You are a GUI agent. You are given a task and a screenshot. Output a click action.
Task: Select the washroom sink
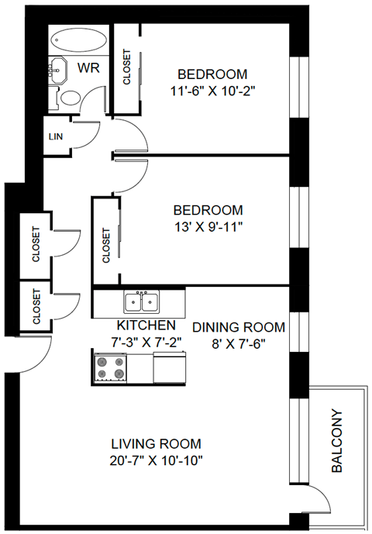pyautogui.click(x=59, y=71)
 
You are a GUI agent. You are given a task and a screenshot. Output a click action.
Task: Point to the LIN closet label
pyautogui.click(x=55, y=137)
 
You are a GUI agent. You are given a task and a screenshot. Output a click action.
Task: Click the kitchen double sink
pyautogui.click(x=141, y=301)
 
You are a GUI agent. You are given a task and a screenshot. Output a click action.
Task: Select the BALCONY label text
pyautogui.click(x=337, y=441)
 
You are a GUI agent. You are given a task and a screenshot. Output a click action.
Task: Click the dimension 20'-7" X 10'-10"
pyautogui.click(x=156, y=460)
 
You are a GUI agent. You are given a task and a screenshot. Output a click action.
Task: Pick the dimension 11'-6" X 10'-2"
pyautogui.click(x=212, y=90)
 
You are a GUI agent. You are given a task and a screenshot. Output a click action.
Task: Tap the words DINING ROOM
pyautogui.click(x=238, y=327)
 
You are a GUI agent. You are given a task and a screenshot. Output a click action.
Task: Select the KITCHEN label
pyautogui.click(x=146, y=326)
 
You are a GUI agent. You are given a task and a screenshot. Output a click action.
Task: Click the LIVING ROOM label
pyautogui.click(x=156, y=444)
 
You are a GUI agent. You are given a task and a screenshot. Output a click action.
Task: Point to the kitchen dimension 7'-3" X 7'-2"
pyautogui.click(x=146, y=341)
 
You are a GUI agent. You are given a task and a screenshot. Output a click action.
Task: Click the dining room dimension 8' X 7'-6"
pyautogui.click(x=238, y=343)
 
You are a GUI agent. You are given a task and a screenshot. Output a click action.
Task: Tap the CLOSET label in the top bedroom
pyautogui.click(x=127, y=68)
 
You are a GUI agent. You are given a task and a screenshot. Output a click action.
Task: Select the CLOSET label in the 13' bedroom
pyautogui.click(x=106, y=243)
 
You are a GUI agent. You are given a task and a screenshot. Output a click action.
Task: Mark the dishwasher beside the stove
pyautogui.click(x=169, y=367)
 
